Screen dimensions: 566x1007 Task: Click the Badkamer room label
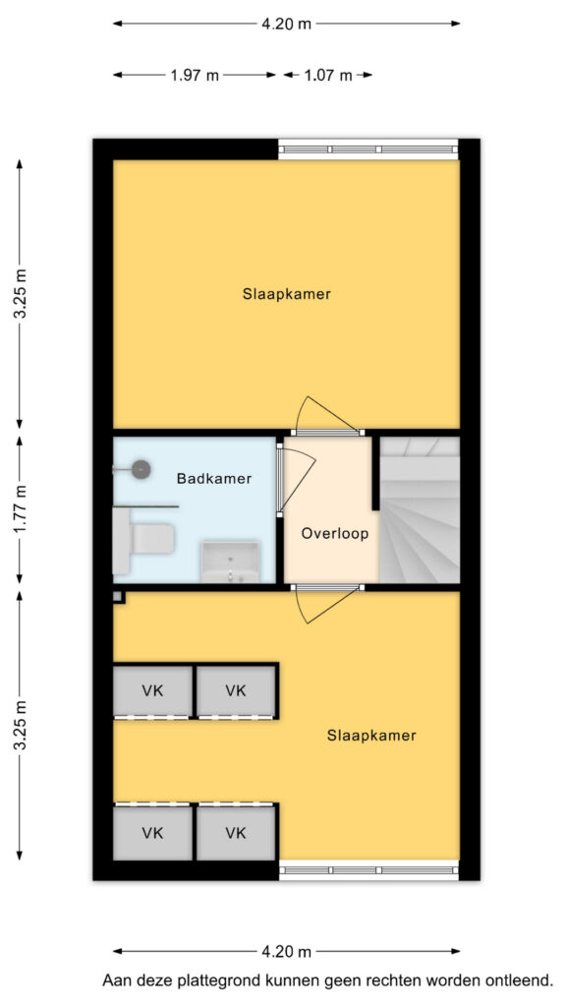click(x=213, y=479)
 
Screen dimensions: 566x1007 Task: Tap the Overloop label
click(x=335, y=534)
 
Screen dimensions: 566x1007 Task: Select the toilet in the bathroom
click(x=144, y=540)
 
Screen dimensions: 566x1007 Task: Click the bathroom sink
click(x=230, y=562)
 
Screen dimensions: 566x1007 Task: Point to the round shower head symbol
click(x=141, y=469)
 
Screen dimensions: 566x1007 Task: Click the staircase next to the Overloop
click(x=420, y=510)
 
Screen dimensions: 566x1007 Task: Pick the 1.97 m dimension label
click(x=195, y=75)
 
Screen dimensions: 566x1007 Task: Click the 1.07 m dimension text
click(x=327, y=75)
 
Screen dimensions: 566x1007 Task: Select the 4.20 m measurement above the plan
click(x=286, y=24)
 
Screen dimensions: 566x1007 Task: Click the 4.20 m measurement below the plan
click(x=286, y=951)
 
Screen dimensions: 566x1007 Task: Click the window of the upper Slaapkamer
click(x=368, y=149)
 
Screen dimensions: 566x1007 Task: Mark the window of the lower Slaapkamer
click(x=369, y=869)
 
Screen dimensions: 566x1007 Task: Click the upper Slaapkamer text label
click(x=287, y=294)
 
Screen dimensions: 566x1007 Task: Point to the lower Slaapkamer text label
click(x=371, y=736)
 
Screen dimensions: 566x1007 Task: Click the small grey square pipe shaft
click(x=118, y=597)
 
